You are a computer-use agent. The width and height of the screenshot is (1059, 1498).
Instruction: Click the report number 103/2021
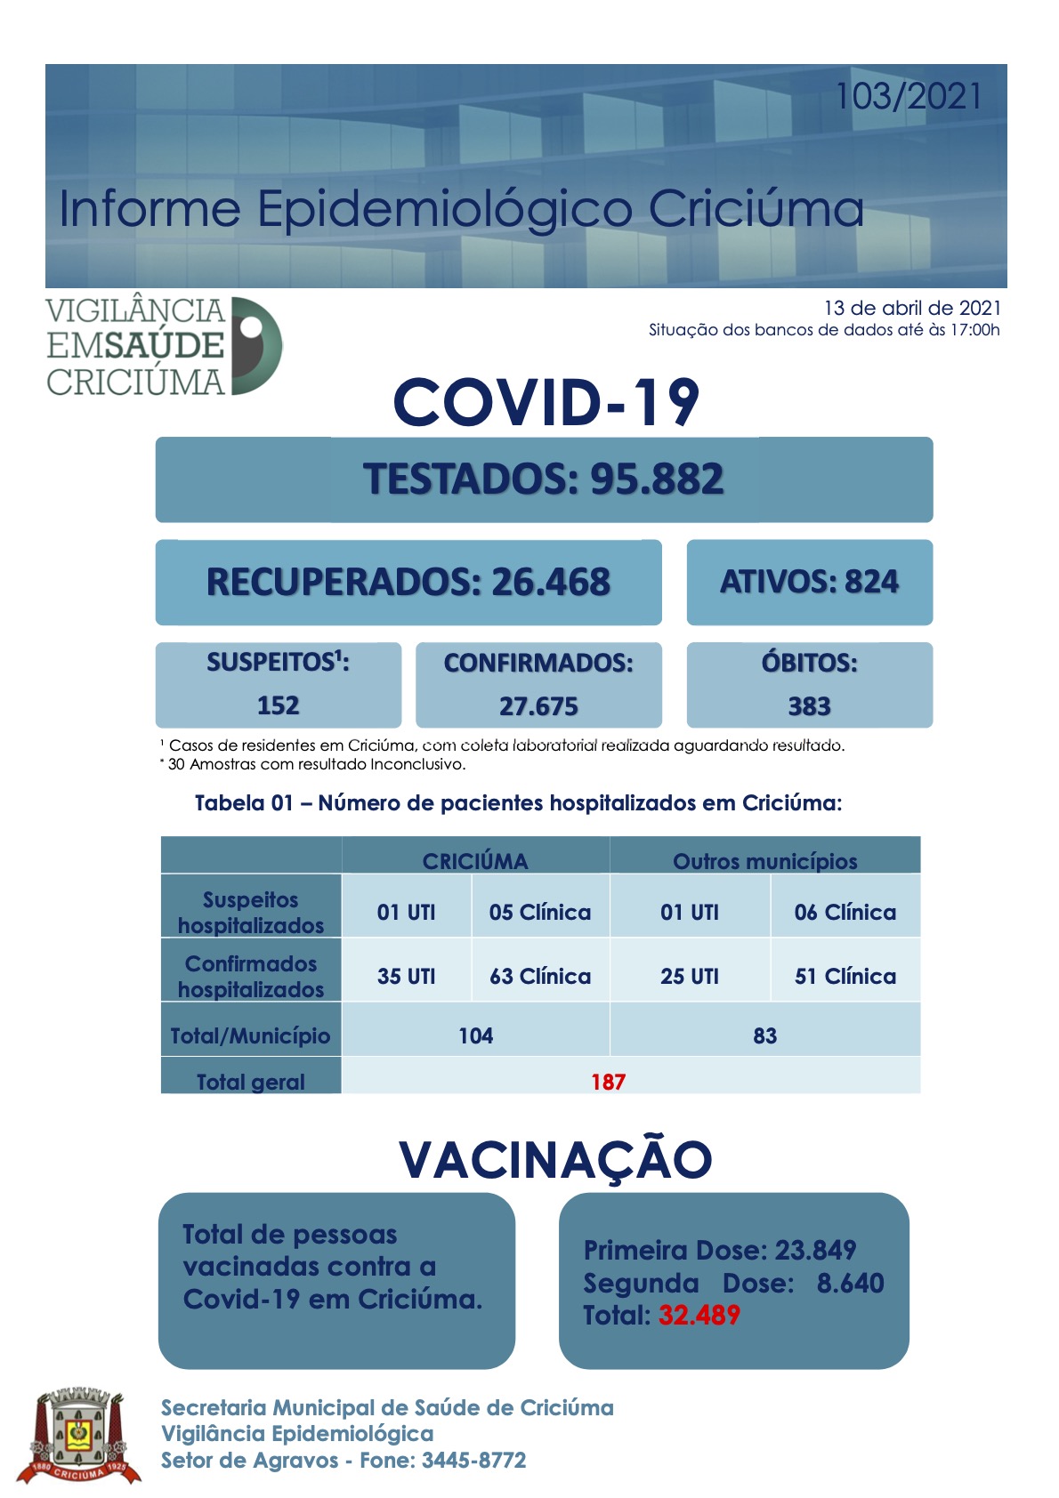[909, 96]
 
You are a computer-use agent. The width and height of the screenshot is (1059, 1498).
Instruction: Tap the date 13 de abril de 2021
[912, 308]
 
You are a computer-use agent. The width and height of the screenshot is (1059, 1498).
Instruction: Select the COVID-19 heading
[546, 402]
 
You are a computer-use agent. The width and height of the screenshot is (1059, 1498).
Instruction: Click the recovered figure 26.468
[551, 582]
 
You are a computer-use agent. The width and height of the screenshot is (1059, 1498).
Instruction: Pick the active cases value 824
[871, 582]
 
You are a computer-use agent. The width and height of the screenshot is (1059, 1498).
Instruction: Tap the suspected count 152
[278, 705]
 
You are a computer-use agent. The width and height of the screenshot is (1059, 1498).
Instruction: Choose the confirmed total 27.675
[538, 706]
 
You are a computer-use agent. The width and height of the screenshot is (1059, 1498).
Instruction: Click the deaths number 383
[809, 706]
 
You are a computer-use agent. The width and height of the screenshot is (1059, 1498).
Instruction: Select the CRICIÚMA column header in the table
[475, 861]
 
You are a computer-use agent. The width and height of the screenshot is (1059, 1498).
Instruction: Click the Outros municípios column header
[764, 861]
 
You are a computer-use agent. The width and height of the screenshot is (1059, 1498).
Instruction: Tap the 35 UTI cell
[406, 976]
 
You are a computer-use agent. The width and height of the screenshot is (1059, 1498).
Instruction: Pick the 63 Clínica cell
[540, 976]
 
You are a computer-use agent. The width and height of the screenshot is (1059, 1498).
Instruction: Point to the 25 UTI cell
[690, 976]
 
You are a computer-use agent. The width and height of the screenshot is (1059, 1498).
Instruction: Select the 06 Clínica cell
[845, 912]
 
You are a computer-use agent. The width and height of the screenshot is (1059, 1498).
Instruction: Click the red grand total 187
[608, 1082]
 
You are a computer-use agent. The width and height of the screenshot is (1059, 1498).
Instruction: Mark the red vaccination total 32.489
[699, 1315]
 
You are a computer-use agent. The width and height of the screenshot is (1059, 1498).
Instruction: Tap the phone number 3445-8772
[473, 1460]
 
